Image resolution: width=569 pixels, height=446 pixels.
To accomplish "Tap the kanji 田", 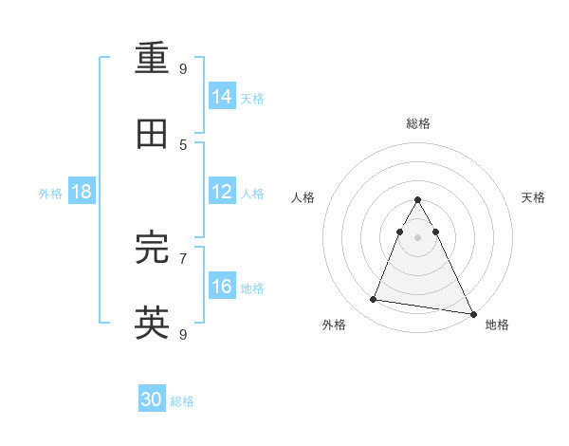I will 152,134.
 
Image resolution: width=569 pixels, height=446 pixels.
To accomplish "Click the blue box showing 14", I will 222,96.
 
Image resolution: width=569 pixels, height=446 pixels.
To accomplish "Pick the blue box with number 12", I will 222,192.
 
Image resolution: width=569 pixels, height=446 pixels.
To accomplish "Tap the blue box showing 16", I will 222,287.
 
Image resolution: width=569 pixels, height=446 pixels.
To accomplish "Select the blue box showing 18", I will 82,192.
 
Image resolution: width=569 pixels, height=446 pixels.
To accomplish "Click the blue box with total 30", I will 152,400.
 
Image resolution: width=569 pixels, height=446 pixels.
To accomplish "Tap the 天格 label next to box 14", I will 252,98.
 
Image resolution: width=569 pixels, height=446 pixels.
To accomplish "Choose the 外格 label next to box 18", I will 50,193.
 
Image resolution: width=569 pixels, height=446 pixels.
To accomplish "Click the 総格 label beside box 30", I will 182,401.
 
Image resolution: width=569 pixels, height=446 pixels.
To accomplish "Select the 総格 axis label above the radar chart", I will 417,123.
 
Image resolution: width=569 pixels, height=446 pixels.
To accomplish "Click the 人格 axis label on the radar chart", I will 303,197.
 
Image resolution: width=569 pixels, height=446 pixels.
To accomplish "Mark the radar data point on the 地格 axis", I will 472,313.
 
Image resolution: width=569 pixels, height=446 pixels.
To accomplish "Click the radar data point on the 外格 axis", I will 373,300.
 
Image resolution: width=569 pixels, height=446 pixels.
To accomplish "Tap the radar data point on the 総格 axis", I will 417,200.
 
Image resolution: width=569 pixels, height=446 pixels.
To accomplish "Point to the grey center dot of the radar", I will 417,237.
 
